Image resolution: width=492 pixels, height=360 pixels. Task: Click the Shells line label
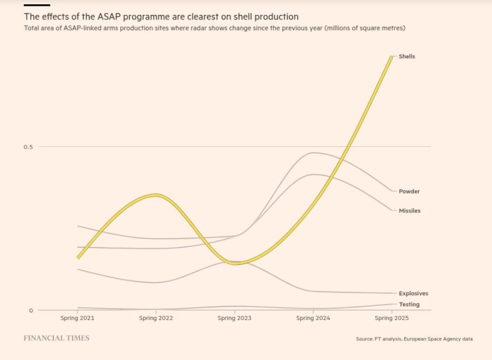407,57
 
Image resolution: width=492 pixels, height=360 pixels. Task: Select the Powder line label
409,192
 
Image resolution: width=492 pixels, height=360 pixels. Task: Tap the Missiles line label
409,211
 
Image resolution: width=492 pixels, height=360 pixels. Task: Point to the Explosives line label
413,294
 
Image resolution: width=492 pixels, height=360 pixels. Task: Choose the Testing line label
409,305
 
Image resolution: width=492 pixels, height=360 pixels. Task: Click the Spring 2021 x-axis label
77,318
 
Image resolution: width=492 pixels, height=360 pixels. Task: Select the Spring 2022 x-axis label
156,318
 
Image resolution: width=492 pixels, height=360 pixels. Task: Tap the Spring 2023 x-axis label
235,318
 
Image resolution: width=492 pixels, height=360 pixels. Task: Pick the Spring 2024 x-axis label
313,318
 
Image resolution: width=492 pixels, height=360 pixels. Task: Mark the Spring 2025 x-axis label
392,318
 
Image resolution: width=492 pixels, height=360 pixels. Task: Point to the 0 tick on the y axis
31,310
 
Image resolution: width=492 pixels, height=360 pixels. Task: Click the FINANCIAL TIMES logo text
57,338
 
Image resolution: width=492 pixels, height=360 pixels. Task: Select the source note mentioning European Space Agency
415,339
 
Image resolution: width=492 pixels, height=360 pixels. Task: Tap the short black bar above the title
36,5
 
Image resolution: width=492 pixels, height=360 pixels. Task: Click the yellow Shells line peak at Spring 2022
157,195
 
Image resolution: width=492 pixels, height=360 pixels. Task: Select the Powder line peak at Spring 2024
313,152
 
